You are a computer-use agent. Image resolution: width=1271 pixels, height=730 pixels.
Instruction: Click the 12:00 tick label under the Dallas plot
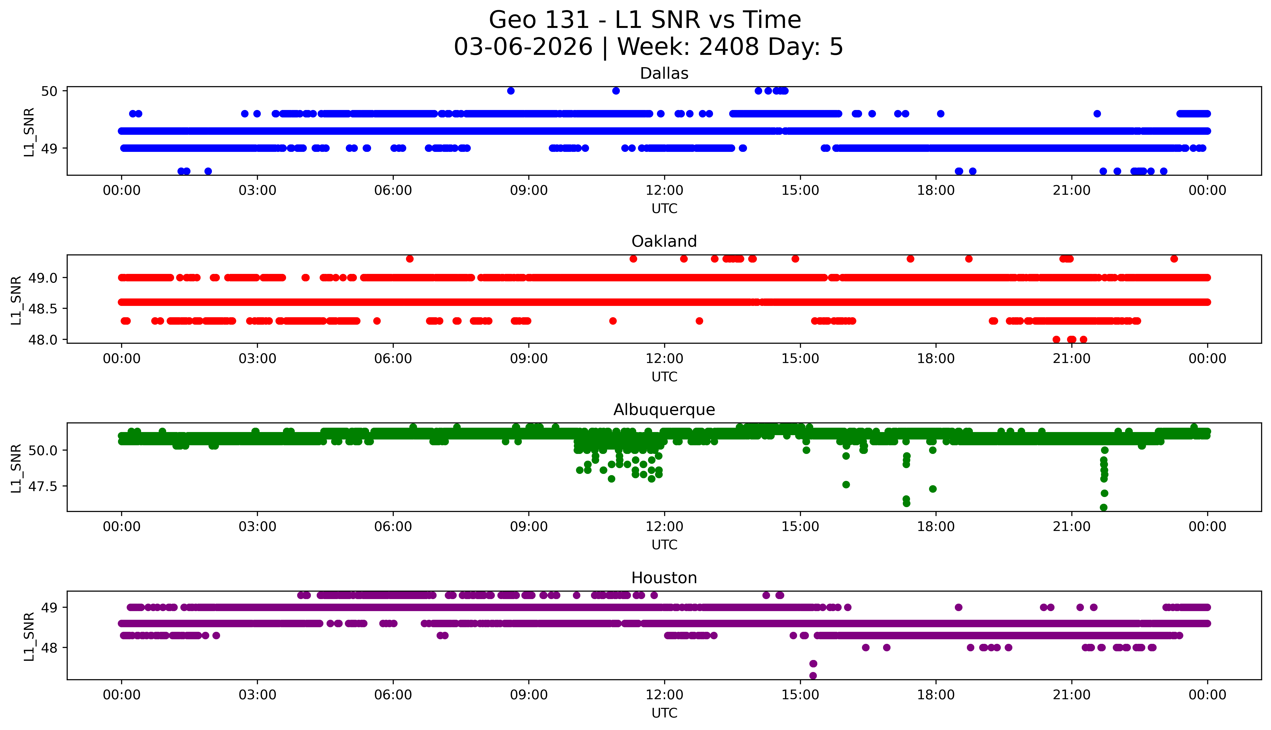pyautogui.click(x=664, y=191)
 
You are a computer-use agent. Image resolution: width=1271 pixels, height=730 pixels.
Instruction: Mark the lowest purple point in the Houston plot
pyautogui.click(x=813, y=676)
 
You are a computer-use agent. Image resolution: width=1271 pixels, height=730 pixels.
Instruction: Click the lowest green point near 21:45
pyautogui.click(x=1103, y=507)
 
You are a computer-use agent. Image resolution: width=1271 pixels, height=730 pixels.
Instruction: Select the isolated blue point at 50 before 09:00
pyautogui.click(x=511, y=91)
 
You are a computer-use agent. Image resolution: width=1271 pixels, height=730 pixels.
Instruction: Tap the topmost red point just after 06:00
pyautogui.click(x=410, y=259)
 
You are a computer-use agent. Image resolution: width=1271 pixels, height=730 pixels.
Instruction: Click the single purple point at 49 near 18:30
pyautogui.click(x=958, y=607)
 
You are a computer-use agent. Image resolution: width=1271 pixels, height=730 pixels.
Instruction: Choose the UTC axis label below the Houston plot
pyautogui.click(x=664, y=713)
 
